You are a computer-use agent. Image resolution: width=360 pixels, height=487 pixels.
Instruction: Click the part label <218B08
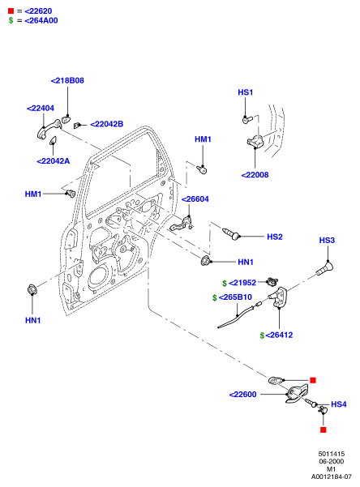point(67,80)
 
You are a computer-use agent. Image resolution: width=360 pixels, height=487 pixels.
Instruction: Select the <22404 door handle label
point(41,108)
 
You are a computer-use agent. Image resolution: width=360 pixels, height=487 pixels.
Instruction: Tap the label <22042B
point(107,124)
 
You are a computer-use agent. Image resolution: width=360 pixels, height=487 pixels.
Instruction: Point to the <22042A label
point(54,161)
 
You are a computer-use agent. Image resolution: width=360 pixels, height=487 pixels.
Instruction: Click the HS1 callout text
point(246,92)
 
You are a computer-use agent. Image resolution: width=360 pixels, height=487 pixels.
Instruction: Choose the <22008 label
point(255,175)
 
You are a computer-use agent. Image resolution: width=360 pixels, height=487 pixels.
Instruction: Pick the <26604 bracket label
point(195,199)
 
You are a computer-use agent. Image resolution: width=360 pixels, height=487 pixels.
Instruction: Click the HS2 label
point(275,237)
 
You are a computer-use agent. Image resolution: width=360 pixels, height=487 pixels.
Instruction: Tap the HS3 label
point(327,240)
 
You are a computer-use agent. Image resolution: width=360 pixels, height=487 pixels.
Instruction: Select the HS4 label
point(339,404)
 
